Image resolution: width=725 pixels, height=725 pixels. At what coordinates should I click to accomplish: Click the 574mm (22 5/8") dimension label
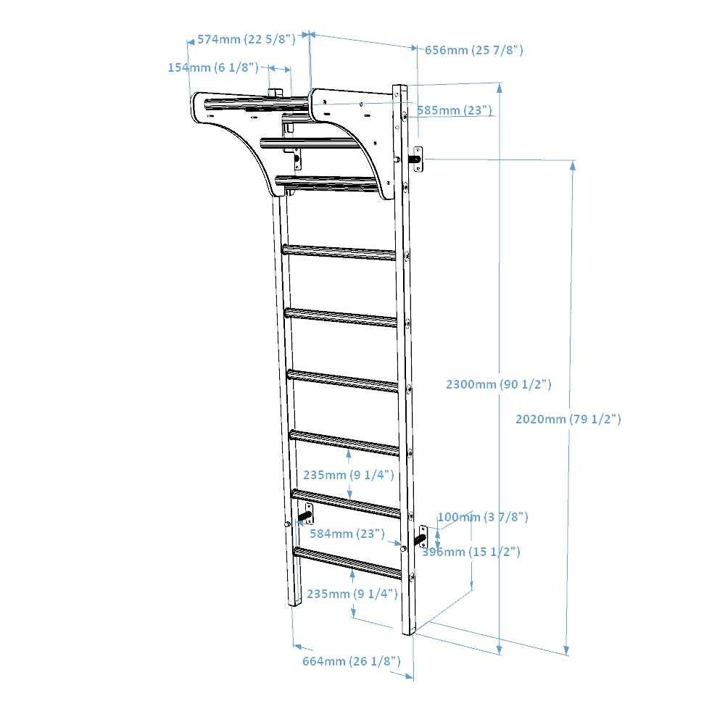coord(246,39)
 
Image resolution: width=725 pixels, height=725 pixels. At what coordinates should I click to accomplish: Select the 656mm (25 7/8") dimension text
coord(473,50)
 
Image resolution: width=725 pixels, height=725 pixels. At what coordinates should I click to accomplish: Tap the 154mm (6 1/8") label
coord(213,67)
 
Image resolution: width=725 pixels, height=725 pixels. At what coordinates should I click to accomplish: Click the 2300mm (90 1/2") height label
coord(498,384)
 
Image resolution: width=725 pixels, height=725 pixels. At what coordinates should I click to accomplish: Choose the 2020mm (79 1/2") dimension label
coord(568,419)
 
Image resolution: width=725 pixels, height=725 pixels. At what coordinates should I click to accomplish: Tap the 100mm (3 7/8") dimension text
coord(482,517)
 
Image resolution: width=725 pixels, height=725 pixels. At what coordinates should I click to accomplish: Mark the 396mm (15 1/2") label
coord(471,552)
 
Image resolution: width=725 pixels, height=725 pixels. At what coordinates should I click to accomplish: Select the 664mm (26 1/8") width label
coord(352,660)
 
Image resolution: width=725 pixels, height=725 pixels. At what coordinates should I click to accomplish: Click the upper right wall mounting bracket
coord(418,159)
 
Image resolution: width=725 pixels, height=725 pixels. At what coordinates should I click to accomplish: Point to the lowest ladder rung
coord(347,563)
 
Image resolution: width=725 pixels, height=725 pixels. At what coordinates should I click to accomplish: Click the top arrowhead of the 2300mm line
coord(499,88)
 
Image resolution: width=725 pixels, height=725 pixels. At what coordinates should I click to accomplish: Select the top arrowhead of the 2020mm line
coord(573,165)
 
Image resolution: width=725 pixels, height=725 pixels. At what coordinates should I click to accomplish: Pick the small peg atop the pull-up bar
coord(275,92)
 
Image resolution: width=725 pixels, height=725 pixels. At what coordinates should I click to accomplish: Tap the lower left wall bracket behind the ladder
coord(304,514)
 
